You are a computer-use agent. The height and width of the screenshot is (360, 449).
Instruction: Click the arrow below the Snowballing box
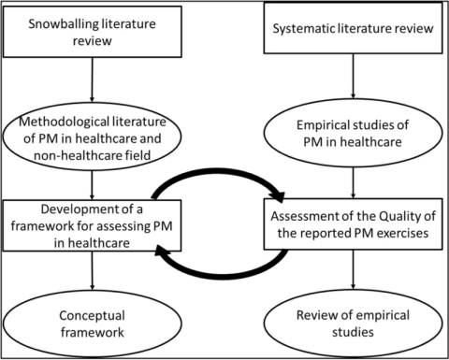[92, 83]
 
